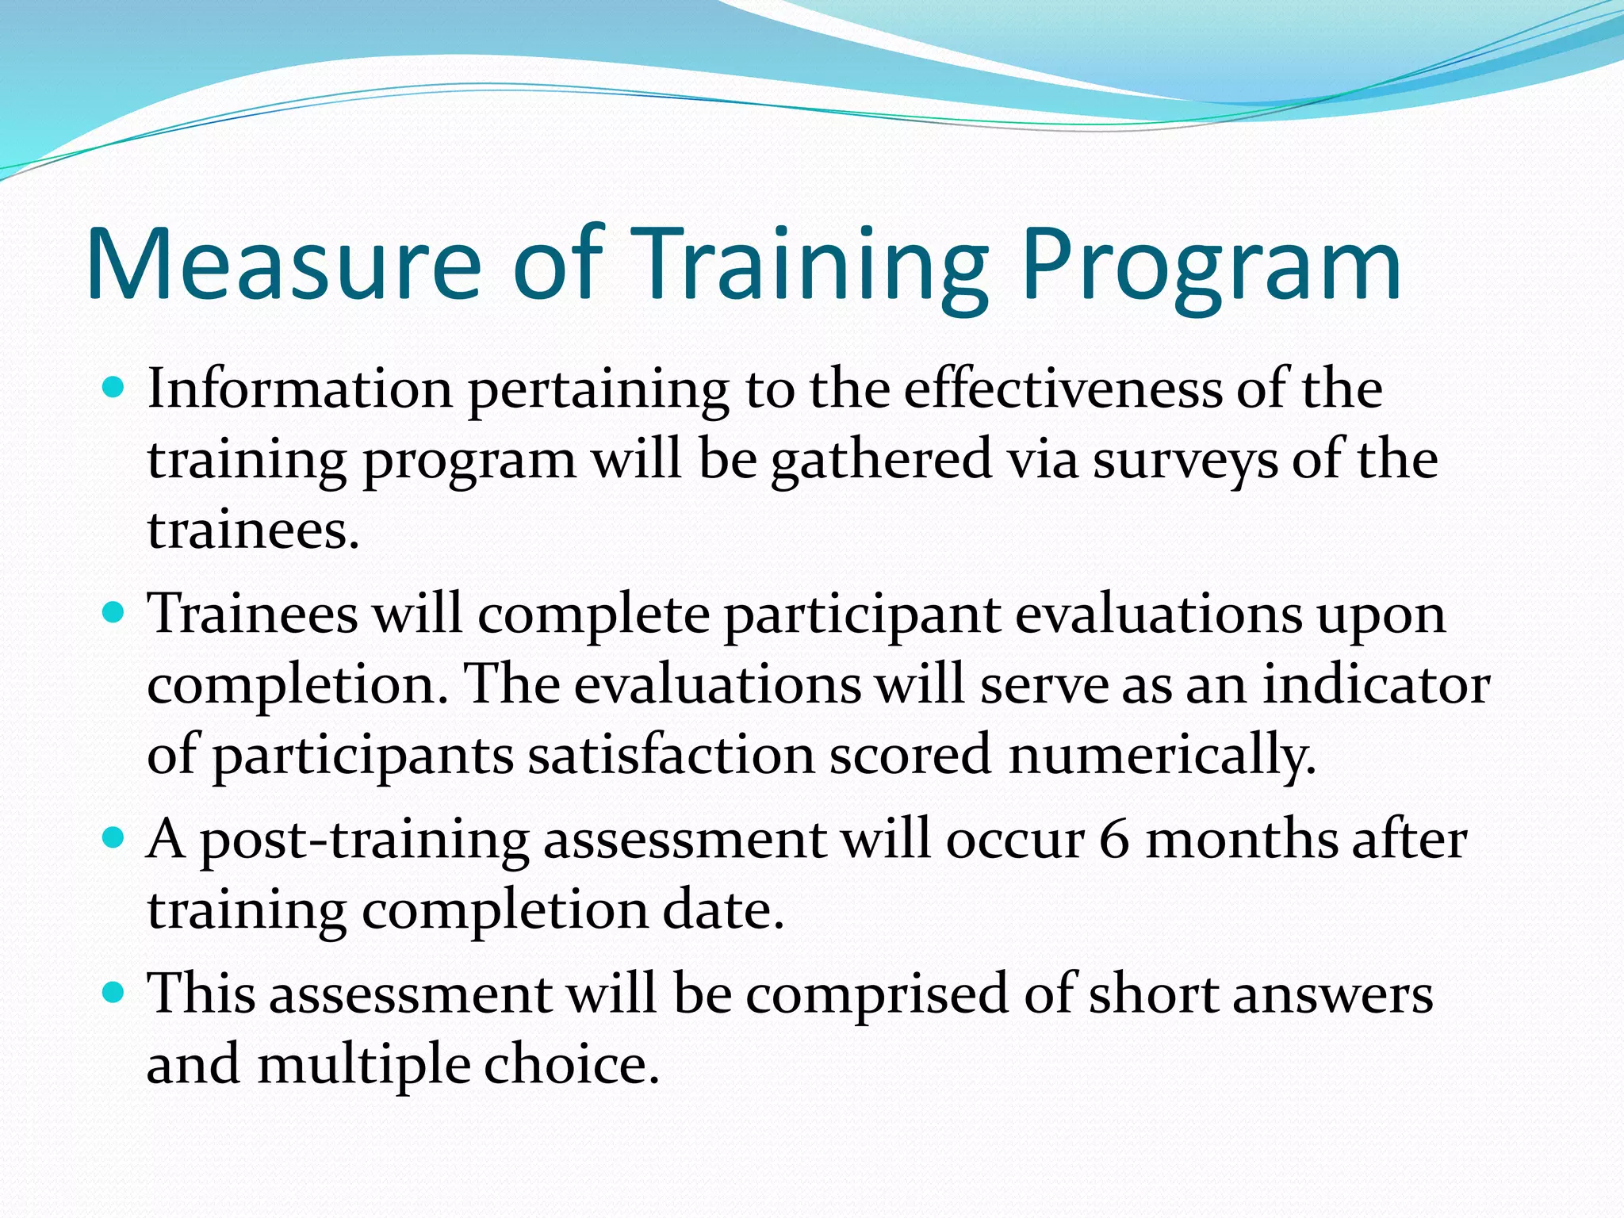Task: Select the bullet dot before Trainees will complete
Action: click(115, 613)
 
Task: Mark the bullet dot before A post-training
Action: click(115, 837)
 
